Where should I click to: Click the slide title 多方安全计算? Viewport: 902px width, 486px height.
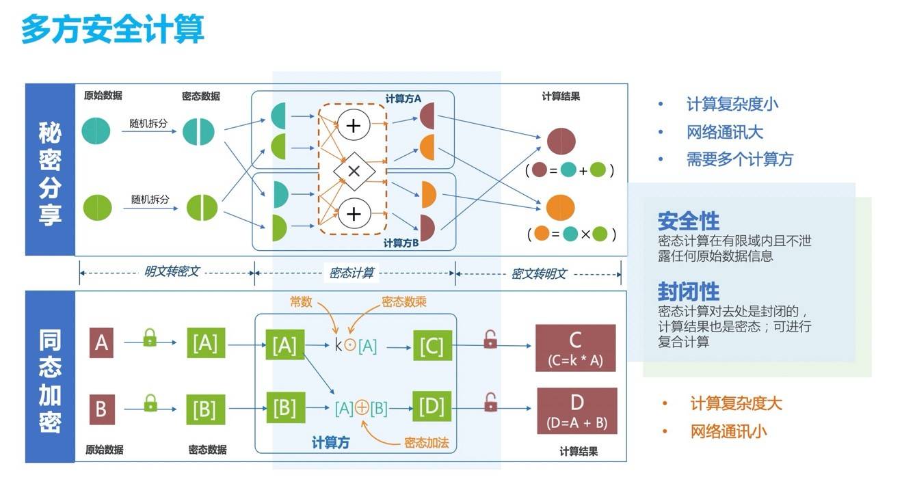[112, 31]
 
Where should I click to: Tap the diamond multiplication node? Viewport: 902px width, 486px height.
[354, 171]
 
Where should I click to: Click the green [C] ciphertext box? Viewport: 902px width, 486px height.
[432, 347]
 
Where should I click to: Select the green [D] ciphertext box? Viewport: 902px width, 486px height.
[432, 408]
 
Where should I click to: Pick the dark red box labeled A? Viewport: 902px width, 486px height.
[101, 342]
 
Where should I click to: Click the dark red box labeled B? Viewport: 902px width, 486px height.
[101, 409]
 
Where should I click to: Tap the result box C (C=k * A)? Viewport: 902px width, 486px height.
[575, 348]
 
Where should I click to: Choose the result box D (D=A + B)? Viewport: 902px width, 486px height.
[576, 410]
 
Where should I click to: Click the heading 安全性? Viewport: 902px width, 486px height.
[688, 221]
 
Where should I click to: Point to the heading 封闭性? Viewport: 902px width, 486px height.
[688, 292]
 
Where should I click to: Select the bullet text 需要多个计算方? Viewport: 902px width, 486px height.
[739, 159]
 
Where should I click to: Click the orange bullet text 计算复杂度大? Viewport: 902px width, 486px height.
[735, 403]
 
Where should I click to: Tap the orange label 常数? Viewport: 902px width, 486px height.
[301, 301]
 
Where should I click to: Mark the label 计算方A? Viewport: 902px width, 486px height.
[403, 98]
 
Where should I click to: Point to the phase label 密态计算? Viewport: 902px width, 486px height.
[351, 273]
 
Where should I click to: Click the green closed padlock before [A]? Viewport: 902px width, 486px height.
[150, 337]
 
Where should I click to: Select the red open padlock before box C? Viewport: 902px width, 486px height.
[490, 339]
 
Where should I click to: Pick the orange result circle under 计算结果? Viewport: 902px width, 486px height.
[560, 207]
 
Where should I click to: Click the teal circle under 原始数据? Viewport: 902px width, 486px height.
[96, 131]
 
